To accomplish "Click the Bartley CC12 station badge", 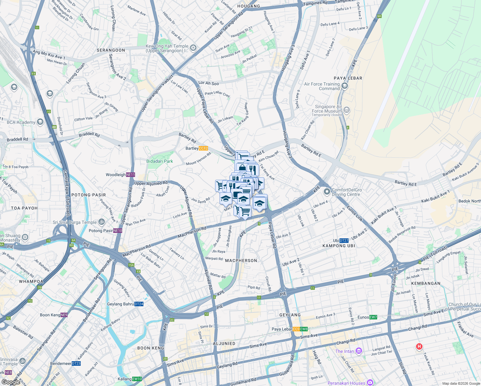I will (x=203, y=148).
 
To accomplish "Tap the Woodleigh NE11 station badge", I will (x=130, y=175).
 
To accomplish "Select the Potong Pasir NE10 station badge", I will (x=118, y=231).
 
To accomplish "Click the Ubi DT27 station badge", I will (x=344, y=241).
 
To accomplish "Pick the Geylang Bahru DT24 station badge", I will (x=139, y=304).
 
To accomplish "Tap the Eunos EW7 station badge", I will (x=373, y=317).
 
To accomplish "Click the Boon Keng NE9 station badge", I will (x=64, y=315).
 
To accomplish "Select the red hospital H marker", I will (x=419, y=346).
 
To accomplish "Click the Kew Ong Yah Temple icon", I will (x=193, y=48).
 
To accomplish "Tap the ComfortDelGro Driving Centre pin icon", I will (x=327, y=192).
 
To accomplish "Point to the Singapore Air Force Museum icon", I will (x=347, y=110).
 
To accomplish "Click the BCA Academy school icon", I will (x=40, y=122).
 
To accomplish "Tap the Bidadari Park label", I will (x=159, y=161).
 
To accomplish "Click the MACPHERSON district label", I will (x=241, y=261).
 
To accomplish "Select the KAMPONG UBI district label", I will (x=339, y=246).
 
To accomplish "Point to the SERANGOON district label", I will (x=111, y=50).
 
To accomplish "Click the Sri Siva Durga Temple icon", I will (x=101, y=222).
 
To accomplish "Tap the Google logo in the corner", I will (x=11, y=382).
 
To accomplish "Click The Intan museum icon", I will (x=359, y=351).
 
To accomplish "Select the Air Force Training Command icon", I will (x=345, y=86).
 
